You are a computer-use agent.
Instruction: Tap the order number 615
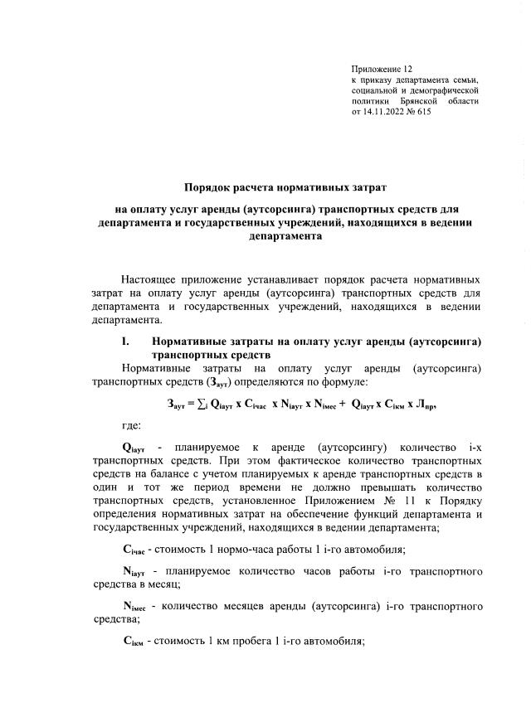421,111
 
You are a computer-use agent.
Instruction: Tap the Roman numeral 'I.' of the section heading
126,342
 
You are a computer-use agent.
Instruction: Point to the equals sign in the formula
188,405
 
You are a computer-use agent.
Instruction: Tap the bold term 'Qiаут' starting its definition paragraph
134,448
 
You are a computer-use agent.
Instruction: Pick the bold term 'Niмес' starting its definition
135,607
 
